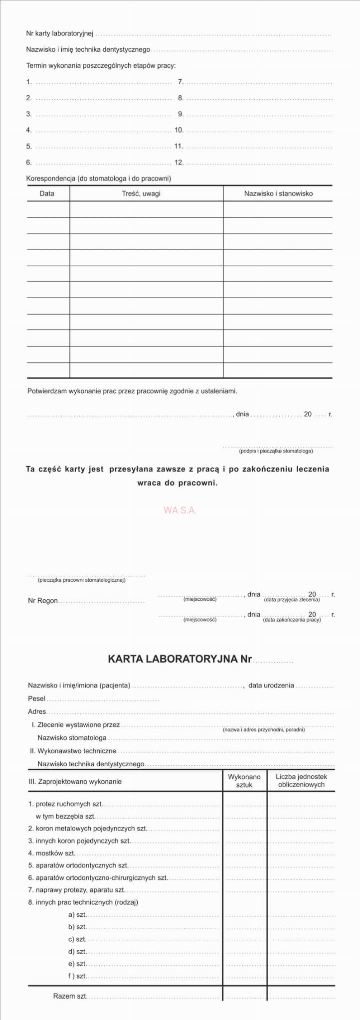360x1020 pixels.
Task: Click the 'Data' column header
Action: tap(47, 193)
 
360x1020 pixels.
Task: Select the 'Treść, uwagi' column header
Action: tap(141, 193)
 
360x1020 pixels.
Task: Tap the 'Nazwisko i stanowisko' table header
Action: tap(278, 193)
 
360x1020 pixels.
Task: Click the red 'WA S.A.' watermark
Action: tap(180, 510)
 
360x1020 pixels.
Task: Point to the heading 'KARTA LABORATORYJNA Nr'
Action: tap(180, 659)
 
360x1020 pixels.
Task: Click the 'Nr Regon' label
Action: tap(43, 601)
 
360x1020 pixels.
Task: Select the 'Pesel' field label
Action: tap(36, 699)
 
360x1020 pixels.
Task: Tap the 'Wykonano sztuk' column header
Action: tap(244, 781)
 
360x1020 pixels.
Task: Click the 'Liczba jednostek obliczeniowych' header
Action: tap(301, 781)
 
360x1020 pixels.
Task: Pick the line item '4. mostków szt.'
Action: tap(52, 853)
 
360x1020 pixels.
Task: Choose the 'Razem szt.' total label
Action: tap(70, 996)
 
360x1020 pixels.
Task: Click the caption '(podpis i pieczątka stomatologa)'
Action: tap(276, 451)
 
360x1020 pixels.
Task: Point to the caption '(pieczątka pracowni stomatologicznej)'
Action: tap(82, 580)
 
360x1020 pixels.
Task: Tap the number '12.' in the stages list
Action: tap(179, 162)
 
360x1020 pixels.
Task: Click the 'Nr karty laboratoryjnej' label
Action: tap(60, 33)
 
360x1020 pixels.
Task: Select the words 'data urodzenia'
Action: tap(271, 685)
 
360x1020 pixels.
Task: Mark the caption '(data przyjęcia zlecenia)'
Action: tap(292, 600)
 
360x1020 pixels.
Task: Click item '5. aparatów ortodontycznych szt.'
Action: tap(78, 865)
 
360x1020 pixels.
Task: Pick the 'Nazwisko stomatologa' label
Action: tap(72, 738)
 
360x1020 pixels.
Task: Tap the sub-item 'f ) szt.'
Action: tap(77, 976)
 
